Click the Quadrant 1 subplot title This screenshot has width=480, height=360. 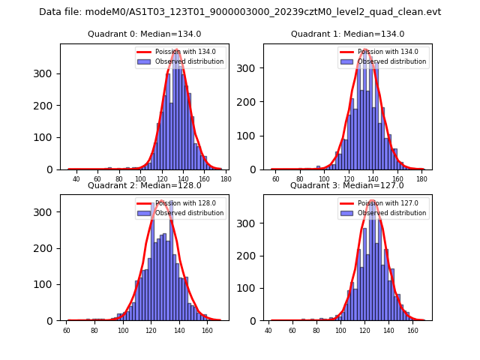[347, 34]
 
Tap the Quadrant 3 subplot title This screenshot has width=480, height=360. [347, 185]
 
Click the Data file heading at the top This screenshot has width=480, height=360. [240, 12]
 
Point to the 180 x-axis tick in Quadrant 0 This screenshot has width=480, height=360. [226, 179]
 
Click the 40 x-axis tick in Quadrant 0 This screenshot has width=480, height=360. [76, 179]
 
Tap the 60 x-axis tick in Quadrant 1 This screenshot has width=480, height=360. [275, 179]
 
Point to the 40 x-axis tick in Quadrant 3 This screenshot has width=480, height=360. [268, 330]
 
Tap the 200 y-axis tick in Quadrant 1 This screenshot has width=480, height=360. [253, 102]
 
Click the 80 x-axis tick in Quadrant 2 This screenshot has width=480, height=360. [94, 330]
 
